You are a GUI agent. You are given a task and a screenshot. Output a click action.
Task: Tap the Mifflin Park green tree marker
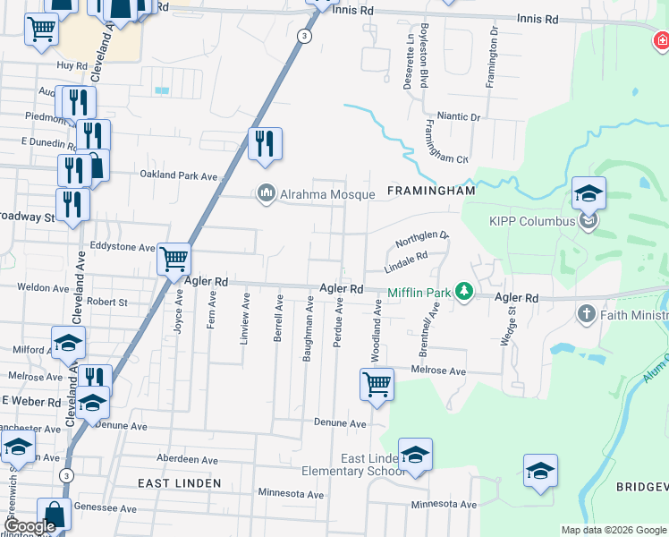tap(463, 291)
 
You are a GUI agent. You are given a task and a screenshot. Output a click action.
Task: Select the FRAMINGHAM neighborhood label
tap(429, 192)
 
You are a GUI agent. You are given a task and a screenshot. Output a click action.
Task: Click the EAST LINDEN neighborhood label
tap(179, 483)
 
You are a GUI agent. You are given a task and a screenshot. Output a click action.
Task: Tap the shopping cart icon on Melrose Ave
tap(377, 385)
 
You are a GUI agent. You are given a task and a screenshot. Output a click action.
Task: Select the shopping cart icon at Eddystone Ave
tap(174, 260)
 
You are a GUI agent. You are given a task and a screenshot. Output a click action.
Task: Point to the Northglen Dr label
tap(420, 241)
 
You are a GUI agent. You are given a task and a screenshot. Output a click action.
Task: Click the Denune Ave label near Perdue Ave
tap(340, 422)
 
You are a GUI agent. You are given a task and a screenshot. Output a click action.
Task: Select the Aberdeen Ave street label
tap(188, 459)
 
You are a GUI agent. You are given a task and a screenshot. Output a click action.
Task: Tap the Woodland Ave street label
tap(377, 326)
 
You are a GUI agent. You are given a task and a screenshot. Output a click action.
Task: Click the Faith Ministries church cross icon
tap(586, 313)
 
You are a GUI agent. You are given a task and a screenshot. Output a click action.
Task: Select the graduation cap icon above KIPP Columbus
tap(589, 193)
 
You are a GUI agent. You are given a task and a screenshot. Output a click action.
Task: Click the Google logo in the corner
tap(30, 526)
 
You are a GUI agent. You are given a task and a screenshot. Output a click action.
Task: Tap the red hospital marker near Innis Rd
tap(661, 40)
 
